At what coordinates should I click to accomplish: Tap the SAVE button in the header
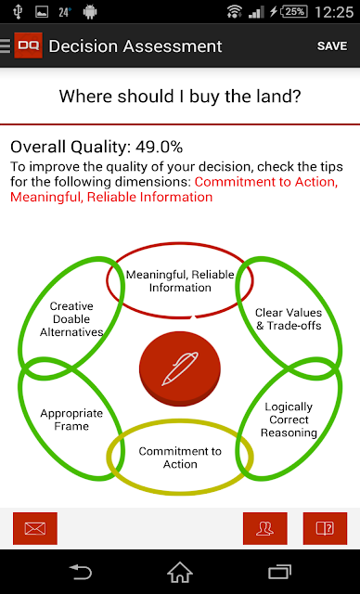point(332,45)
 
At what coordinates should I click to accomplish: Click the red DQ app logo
point(28,45)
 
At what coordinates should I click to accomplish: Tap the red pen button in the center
point(180,368)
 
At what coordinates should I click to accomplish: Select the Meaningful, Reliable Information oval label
point(180,280)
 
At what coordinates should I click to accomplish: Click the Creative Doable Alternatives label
point(71,319)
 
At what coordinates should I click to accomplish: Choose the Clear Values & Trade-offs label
point(289,319)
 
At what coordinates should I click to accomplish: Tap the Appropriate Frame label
point(71,420)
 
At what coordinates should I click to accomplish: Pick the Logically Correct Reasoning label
point(289,420)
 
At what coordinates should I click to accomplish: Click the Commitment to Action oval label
point(180,458)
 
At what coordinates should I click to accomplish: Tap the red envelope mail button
point(35,528)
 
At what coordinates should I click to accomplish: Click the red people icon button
point(265,528)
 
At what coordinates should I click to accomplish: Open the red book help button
point(325,528)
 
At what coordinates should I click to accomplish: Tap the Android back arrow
point(80,572)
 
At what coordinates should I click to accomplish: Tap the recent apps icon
point(279,572)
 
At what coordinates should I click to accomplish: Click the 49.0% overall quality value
point(160,147)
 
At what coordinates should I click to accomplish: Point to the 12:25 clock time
point(334,12)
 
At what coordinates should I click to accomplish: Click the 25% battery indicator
point(294,12)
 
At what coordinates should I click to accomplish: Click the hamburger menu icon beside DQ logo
point(6,45)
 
